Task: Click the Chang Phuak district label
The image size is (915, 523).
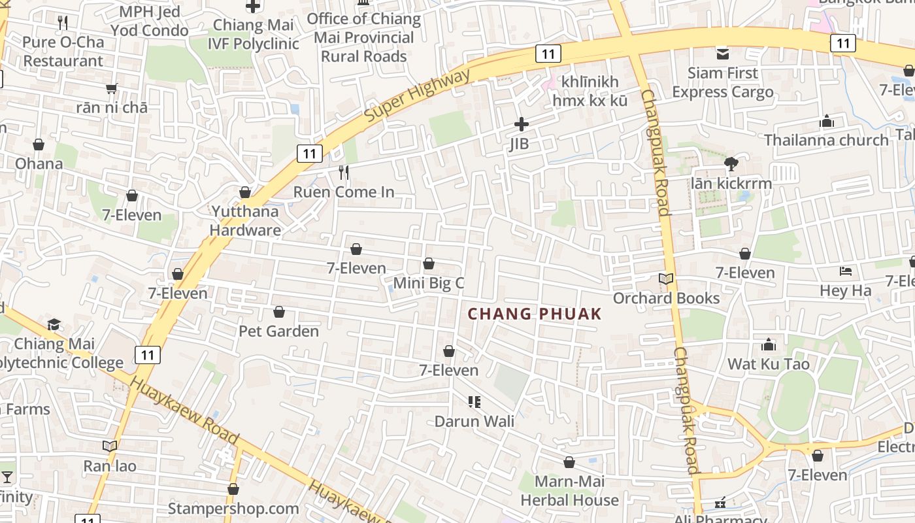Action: [x=534, y=314]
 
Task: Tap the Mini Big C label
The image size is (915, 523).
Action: [x=428, y=283]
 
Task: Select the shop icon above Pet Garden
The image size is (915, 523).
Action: [x=279, y=312]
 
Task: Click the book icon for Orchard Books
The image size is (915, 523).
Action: [x=666, y=279]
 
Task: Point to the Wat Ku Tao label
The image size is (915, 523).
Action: [x=769, y=364]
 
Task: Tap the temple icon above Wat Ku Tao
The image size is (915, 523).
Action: [x=769, y=345]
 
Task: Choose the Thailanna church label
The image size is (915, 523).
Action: [x=826, y=140]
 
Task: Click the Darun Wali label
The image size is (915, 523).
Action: [x=474, y=421]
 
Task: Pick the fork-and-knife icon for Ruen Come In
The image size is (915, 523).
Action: [x=344, y=173]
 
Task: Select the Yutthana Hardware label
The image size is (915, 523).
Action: [x=245, y=221]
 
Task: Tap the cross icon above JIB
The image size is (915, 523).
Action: [x=522, y=124]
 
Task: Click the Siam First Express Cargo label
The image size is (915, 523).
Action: [x=723, y=82]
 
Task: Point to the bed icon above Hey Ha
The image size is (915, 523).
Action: [x=846, y=271]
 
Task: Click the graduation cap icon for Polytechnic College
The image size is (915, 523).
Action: [x=54, y=325]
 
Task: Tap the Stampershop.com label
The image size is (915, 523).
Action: [x=233, y=508]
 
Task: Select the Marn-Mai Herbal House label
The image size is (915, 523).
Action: [x=569, y=491]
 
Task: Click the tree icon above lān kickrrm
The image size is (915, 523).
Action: [x=731, y=164]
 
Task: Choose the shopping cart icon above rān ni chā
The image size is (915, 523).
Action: [x=112, y=88]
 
